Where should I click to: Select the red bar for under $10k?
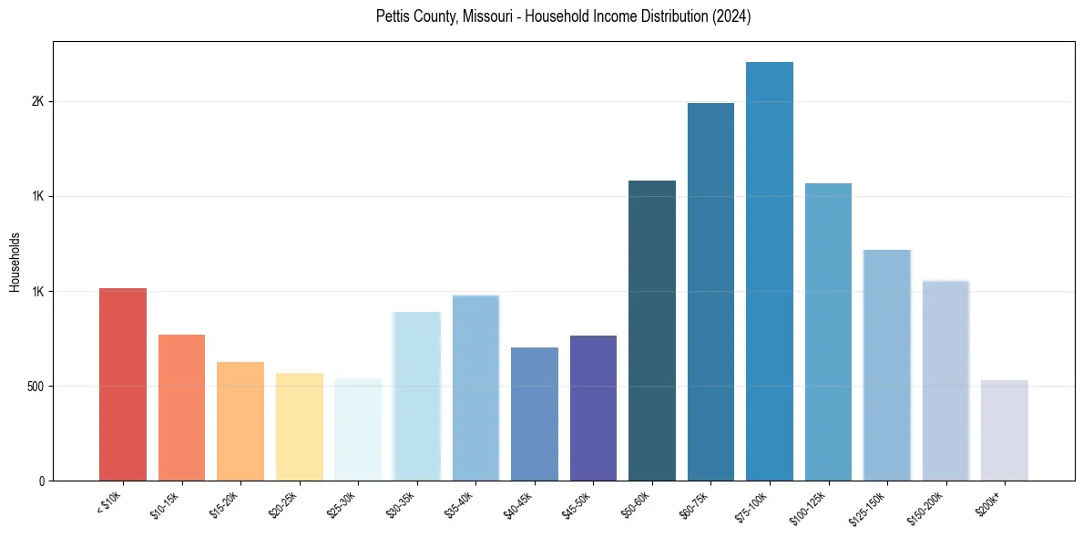pyautogui.click(x=123, y=384)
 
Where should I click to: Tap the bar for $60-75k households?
pyautogui.click(x=710, y=292)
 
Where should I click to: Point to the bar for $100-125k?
pyautogui.click(x=828, y=332)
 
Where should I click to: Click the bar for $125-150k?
pyautogui.click(x=886, y=365)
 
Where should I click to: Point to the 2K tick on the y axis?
pyautogui.click(x=37, y=102)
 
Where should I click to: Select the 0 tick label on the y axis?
pyautogui.click(x=41, y=481)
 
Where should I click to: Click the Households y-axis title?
pyautogui.click(x=15, y=261)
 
